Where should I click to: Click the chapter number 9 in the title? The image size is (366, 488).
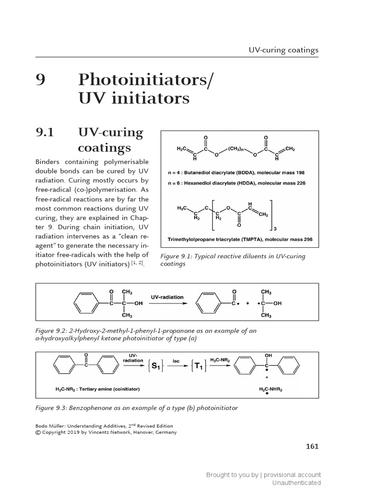click(41, 80)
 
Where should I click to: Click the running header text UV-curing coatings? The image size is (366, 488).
click(283, 49)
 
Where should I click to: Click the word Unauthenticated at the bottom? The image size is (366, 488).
click(296, 483)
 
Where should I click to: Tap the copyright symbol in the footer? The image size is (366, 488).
click(38, 432)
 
